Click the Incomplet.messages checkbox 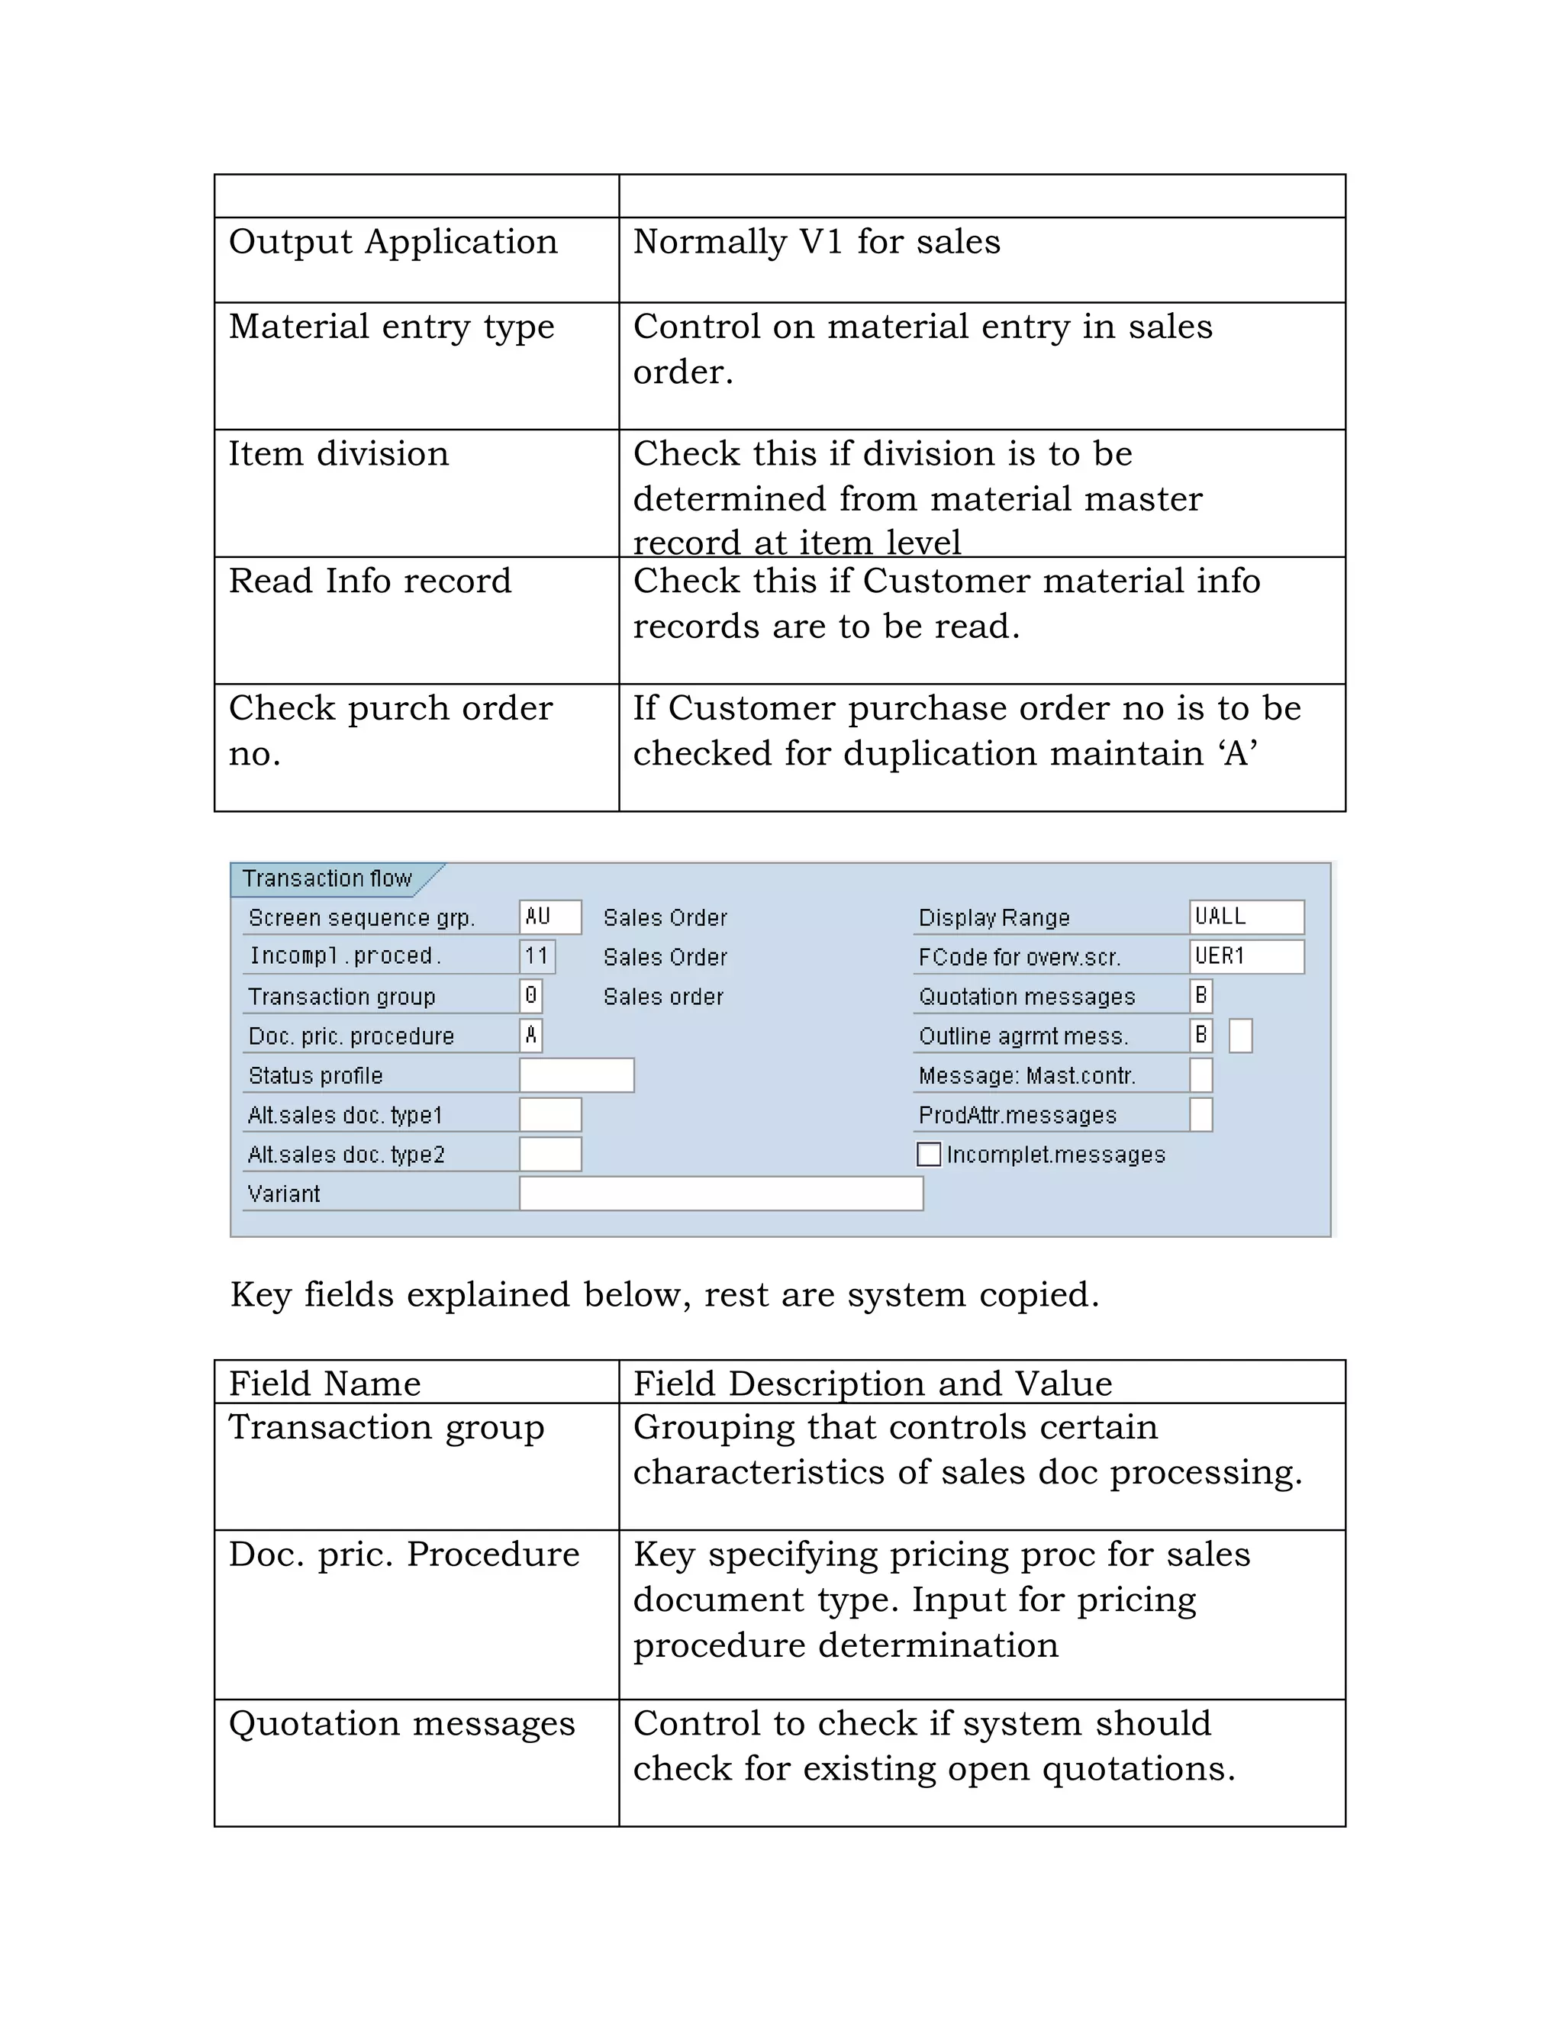coord(928,1155)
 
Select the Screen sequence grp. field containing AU coord(549,917)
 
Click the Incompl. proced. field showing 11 coord(537,956)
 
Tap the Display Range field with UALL coord(1246,917)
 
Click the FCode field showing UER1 coord(1246,956)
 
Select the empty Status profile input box coord(576,1075)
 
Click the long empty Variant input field coord(720,1194)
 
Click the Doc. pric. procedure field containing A coord(531,1036)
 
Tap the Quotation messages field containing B coord(1200,996)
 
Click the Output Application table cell coord(394,242)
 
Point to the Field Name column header coord(325,1384)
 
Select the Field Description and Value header coord(872,1384)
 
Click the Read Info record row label coord(369,581)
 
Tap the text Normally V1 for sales coord(817,242)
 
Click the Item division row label coord(338,453)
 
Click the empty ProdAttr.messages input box coord(1200,1115)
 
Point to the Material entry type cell coord(392,327)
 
